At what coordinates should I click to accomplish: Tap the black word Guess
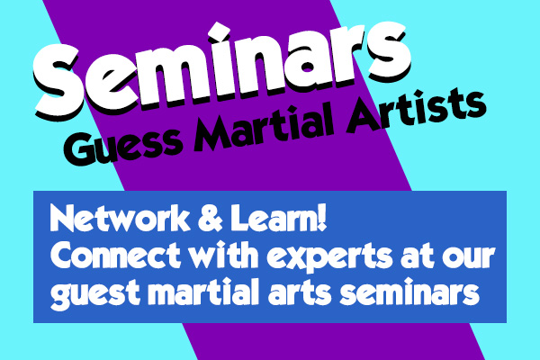[x=121, y=146]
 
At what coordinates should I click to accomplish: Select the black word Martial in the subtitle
[x=265, y=125]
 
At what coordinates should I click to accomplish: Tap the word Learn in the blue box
[x=272, y=219]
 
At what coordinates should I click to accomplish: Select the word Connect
[x=115, y=256]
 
